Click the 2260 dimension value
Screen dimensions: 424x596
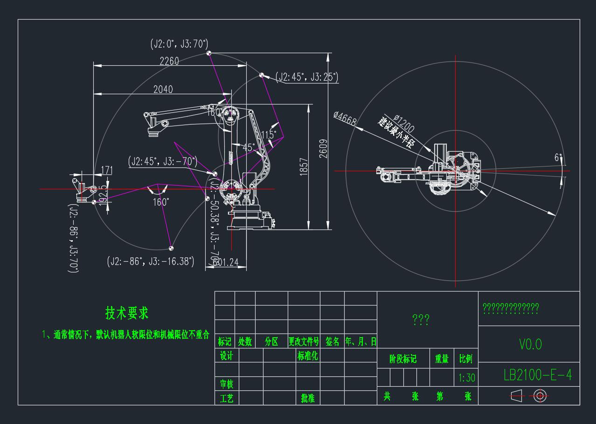coord(169,61)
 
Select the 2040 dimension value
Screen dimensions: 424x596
coord(163,89)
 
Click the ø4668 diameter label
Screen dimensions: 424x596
coord(345,118)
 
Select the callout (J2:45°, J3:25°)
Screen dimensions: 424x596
coord(307,77)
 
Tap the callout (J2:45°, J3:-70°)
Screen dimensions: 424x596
coord(163,162)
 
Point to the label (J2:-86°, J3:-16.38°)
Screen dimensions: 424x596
coord(151,261)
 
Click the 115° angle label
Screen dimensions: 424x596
coord(269,135)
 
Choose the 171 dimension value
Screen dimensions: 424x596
coord(107,170)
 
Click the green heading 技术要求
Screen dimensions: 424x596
coord(127,313)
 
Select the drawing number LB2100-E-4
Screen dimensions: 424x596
coord(538,375)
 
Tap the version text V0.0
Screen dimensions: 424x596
coord(530,344)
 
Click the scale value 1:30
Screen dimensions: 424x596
coord(465,377)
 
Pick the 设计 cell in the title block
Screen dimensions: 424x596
coord(226,356)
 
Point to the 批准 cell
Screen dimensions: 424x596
coord(308,398)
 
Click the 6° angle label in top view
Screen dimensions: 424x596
coord(557,158)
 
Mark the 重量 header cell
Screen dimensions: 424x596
coord(442,359)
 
